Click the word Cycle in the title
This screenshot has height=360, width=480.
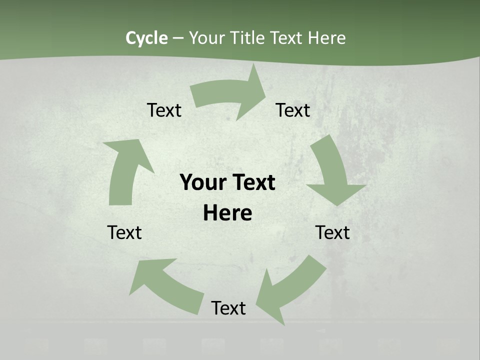coord(146,38)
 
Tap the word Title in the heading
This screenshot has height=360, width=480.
coord(250,38)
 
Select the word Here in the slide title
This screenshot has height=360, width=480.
coord(326,38)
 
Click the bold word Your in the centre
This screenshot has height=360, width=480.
coord(202,182)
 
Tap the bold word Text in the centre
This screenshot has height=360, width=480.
coord(252,182)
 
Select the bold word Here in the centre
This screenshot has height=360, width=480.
coord(227,213)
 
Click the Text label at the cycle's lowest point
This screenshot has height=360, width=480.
coord(228,308)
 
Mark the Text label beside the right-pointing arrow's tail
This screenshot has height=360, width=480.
coord(164,110)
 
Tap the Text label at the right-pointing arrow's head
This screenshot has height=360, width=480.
coord(293,110)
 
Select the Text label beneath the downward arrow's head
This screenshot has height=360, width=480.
coord(332,232)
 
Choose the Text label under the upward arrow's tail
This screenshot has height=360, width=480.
coord(124,232)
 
